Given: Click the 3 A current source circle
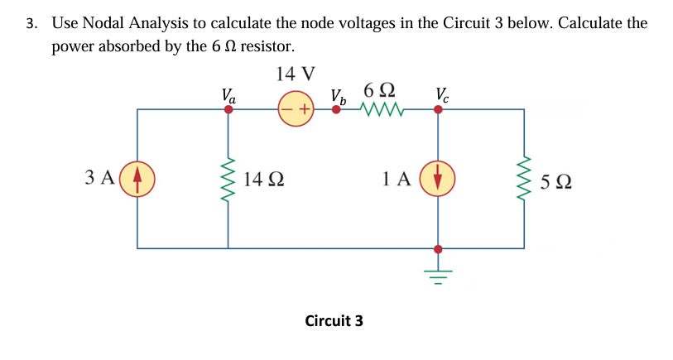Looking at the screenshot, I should (137, 178).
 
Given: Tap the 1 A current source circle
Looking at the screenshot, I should (438, 178).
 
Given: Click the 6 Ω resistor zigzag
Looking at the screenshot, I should (382, 109).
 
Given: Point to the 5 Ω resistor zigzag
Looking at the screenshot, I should (523, 178).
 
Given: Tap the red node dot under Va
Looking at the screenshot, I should (228, 109).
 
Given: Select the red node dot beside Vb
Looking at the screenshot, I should (335, 109).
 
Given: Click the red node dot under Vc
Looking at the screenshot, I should (438, 109).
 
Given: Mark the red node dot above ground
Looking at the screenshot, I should (438, 247).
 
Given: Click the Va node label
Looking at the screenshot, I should (228, 94).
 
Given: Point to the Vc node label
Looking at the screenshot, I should (443, 94).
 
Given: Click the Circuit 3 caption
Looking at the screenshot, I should (334, 320).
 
